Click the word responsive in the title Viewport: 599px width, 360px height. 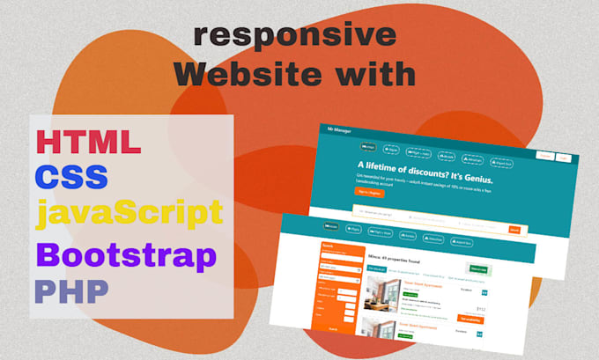coord(295,35)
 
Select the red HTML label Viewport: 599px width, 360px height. coord(87,142)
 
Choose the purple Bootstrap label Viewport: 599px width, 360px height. coord(125,256)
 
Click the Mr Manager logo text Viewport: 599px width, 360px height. coord(340,130)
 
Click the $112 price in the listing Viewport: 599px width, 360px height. coord(481,309)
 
